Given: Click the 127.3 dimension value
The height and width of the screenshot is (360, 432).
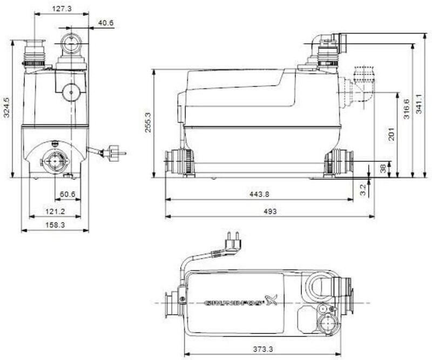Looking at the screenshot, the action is coord(62,9).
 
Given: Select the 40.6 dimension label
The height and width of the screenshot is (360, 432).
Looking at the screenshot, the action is coord(106,23).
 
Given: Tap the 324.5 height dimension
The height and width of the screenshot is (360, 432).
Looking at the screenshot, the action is coord(6,107).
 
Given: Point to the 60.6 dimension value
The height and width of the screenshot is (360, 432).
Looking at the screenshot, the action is coord(67,194).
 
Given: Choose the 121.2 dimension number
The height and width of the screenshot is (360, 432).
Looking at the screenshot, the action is coord(55,212).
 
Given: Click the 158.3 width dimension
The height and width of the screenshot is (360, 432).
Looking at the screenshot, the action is coord(55,225).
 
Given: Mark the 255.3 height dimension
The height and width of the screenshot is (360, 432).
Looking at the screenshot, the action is coord(148,123).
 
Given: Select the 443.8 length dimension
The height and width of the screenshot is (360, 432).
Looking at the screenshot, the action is coord(259,194).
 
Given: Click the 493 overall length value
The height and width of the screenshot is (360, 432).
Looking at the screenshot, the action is coord(270,212).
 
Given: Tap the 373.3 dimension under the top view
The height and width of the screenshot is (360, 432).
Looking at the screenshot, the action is coord(263,349).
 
